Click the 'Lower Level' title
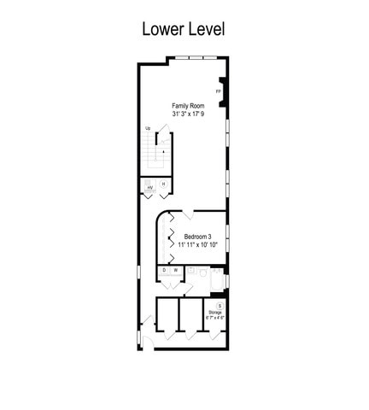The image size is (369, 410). [x=184, y=29]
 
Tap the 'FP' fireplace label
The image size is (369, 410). [x=219, y=91]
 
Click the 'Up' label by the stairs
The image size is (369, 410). [x=148, y=128]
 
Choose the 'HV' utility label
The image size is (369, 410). [x=150, y=187]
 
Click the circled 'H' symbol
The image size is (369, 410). [x=163, y=184]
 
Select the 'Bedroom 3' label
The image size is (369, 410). [x=199, y=237]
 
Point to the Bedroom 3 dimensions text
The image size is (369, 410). [x=199, y=245]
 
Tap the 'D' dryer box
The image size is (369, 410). [x=165, y=271]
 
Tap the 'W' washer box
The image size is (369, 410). [x=175, y=271]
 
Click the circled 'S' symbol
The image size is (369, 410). [x=220, y=305]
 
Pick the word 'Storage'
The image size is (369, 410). [x=216, y=313]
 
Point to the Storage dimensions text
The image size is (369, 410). [x=216, y=319]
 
